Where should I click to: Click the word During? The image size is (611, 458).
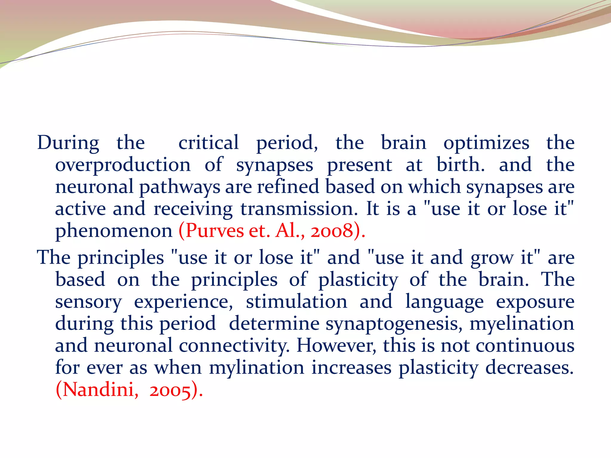(68, 143)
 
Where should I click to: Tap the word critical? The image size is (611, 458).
(209, 143)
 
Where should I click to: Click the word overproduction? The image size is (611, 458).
(123, 165)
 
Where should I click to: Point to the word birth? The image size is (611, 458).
(460, 165)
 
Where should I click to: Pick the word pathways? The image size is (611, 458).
(180, 187)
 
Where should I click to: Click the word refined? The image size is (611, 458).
(288, 187)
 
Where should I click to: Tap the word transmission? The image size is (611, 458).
(299, 209)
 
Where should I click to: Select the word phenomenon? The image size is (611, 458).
(114, 231)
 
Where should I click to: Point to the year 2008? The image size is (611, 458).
(332, 231)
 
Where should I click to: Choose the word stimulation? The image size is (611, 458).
(297, 302)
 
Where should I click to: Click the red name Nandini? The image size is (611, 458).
(97, 390)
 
